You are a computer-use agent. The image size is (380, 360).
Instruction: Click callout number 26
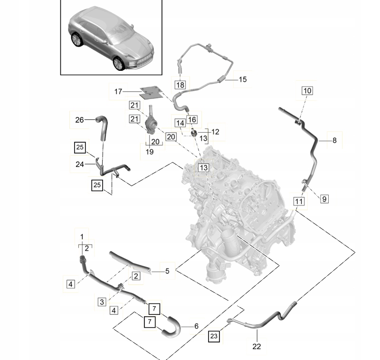click(79, 120)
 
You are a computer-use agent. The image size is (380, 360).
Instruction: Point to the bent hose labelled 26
click(102, 126)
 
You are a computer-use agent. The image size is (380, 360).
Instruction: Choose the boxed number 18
click(180, 85)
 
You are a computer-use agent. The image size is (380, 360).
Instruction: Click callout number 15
click(242, 80)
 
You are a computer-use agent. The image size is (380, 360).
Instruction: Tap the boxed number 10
click(307, 90)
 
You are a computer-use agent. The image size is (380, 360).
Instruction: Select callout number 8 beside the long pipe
click(334, 140)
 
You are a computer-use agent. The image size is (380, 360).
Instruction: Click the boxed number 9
click(324, 199)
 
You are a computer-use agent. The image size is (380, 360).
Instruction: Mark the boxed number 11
click(298, 202)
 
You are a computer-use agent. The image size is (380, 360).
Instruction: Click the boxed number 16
click(191, 119)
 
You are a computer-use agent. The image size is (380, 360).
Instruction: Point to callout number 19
click(150, 152)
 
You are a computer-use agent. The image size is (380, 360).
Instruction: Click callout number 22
click(256, 347)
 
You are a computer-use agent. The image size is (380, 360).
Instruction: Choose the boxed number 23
click(214, 336)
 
